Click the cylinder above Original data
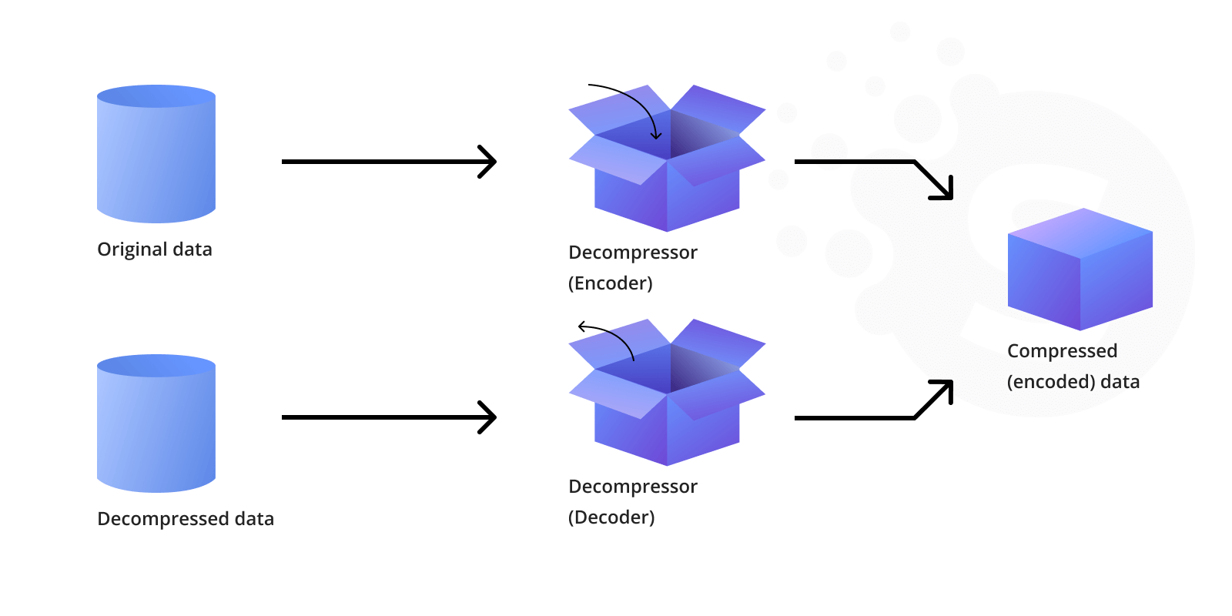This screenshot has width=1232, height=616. pos(156,158)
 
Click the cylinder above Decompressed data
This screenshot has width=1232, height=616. pos(156,427)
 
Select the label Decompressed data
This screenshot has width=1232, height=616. pos(186,519)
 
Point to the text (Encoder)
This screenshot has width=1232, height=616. pos(611,283)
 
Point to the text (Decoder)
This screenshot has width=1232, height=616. pos(611,517)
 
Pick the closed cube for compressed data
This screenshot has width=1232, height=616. pos(1080,269)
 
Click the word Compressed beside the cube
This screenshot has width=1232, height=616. pos(1062,351)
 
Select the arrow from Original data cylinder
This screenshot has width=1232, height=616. pos(389,162)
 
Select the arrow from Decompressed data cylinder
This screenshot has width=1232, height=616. pos(389,417)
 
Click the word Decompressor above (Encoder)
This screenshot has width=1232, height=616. pos(633,253)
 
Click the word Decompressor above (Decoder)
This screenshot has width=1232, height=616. pos(633,487)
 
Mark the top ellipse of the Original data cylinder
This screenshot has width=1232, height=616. pos(156,96)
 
